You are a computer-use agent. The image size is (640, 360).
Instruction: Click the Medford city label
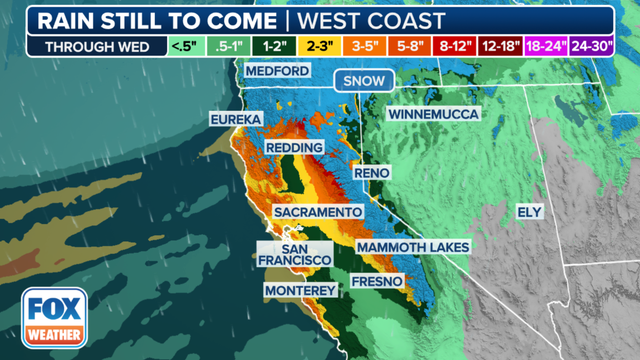click(271, 72)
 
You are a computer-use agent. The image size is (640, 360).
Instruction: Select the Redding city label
click(292, 148)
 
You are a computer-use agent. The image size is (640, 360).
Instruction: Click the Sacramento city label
click(318, 213)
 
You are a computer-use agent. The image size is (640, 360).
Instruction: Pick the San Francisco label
click(295, 254)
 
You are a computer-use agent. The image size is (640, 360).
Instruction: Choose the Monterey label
click(300, 290)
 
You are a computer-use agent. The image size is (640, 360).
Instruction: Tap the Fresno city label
click(377, 282)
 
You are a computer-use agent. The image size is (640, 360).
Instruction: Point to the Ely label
click(528, 212)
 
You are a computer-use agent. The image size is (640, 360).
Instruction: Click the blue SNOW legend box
click(363, 82)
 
